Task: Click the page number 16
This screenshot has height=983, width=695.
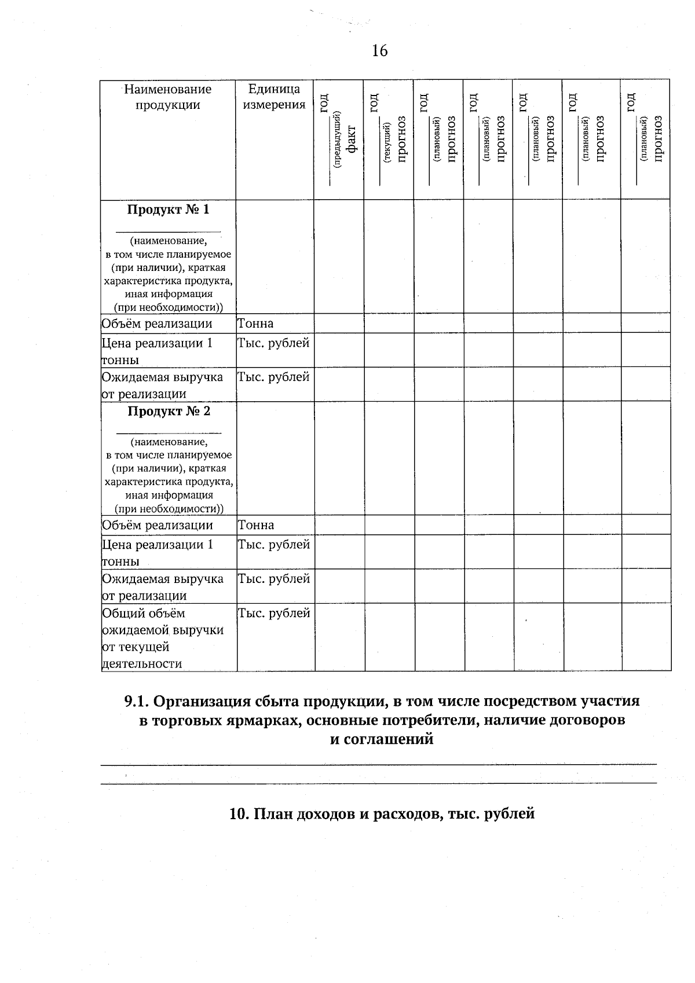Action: [x=379, y=51]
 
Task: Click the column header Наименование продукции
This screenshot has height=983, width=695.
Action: [x=168, y=97]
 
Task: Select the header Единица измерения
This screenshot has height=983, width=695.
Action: [x=274, y=97]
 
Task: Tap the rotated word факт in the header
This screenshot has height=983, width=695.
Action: [x=351, y=140]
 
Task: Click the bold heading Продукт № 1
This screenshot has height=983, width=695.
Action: [x=168, y=210]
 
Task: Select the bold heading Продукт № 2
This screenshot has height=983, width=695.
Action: [x=169, y=411]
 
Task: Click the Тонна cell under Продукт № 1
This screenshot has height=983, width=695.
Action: [x=255, y=324]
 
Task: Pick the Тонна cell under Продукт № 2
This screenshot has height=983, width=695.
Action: [x=256, y=525]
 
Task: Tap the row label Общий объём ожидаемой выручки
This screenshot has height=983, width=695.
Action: [x=163, y=630]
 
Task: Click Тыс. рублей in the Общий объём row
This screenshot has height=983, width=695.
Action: [x=274, y=613]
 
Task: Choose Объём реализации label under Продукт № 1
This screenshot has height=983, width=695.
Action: [x=157, y=324]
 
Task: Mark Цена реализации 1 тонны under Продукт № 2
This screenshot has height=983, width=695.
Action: [x=158, y=552]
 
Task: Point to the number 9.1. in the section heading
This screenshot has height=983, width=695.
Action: [x=137, y=701]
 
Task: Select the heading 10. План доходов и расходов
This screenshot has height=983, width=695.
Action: [x=382, y=813]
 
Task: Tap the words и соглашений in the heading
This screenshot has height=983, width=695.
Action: [x=382, y=739]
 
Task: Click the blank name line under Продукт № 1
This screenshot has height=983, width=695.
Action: [x=168, y=231]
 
